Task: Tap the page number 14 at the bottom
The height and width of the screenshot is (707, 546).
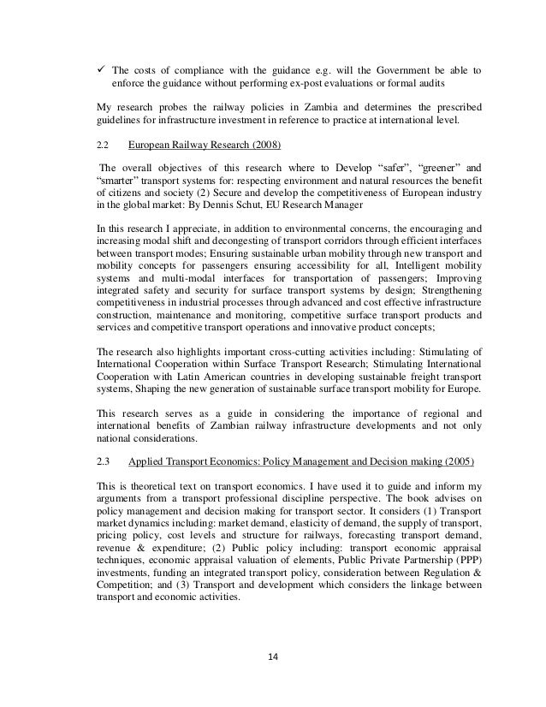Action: click(272, 656)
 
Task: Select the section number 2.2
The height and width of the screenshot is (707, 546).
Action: click(106, 146)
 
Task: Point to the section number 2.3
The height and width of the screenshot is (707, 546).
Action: click(106, 461)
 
